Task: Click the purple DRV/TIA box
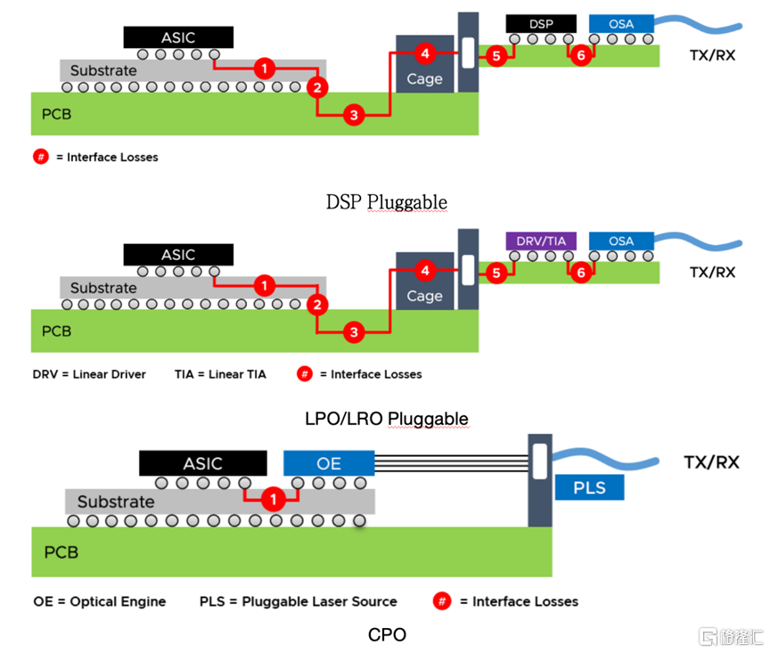coord(541,241)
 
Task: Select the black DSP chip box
coord(541,24)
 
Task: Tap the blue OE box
coord(329,463)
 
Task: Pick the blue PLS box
coord(588,487)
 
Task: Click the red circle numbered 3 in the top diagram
coord(354,115)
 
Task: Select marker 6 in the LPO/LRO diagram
coord(581,273)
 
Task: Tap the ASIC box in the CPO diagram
coord(202,463)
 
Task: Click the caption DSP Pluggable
coord(387,202)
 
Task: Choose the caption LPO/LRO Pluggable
coord(387,419)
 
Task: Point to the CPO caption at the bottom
coord(387,634)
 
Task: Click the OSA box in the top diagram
coord(621,24)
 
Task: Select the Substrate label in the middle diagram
coord(103,288)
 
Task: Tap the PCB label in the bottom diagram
coord(61,552)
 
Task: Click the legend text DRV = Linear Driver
coord(89,374)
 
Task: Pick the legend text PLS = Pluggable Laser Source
coord(298,601)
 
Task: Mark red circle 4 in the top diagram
coord(425,54)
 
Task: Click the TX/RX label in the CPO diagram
coord(710,462)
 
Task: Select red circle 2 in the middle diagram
coord(316,305)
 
